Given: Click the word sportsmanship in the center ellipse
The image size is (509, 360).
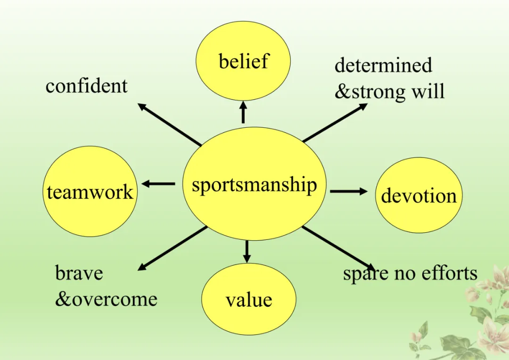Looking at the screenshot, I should (x=254, y=185).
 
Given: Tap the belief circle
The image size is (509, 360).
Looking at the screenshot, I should (x=243, y=61).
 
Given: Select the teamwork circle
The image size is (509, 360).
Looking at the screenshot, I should (x=90, y=192).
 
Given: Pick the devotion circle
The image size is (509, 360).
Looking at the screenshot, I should (x=419, y=195).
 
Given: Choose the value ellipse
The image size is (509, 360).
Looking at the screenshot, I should (x=249, y=300).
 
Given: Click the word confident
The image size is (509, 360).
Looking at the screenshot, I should (x=87, y=86).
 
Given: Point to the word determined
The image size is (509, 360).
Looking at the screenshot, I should (x=383, y=65).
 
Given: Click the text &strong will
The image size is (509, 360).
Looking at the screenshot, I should (x=389, y=91).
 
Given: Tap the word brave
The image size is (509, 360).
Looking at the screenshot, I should (x=79, y=273).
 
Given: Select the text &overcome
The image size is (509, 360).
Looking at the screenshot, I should (x=106, y=299).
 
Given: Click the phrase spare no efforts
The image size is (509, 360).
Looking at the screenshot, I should (x=410, y=273).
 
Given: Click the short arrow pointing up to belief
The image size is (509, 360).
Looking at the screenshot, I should (x=243, y=113).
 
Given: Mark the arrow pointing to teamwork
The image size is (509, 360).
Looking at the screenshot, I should (x=158, y=184).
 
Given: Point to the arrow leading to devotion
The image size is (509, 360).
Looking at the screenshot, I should (x=348, y=191).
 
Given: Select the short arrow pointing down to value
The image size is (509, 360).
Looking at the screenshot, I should (x=246, y=251).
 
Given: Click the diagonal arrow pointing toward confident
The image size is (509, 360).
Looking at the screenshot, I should (x=170, y=124).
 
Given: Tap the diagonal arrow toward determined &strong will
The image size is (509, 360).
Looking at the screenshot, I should (x=335, y=123).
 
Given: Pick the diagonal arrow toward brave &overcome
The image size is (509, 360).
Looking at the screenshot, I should (x=172, y=248).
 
